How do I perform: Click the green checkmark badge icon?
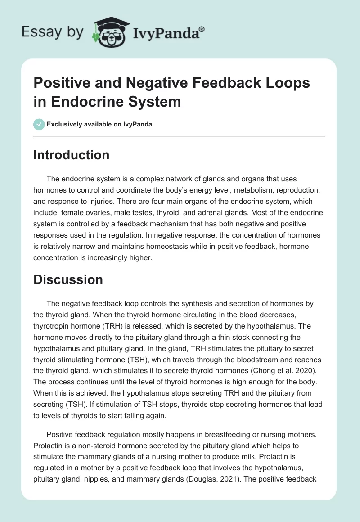39,124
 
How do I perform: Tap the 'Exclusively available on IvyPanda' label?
99,124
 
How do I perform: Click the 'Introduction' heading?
72,155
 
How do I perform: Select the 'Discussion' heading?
68,279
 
